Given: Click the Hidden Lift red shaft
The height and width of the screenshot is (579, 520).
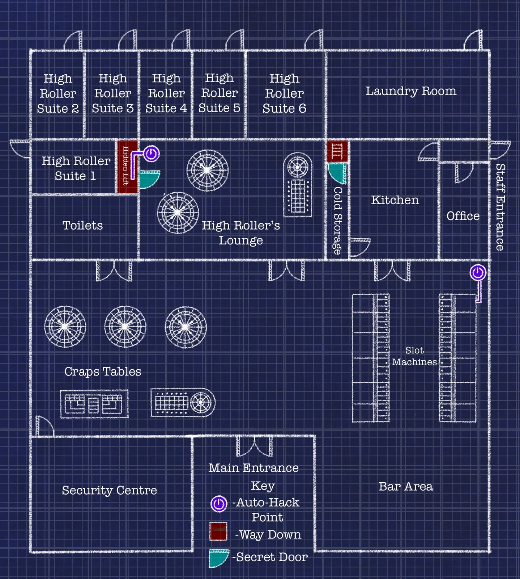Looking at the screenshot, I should (127, 167).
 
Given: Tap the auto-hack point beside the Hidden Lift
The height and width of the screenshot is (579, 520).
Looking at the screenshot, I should (152, 154).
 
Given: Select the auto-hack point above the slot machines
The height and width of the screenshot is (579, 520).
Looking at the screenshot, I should (478, 272).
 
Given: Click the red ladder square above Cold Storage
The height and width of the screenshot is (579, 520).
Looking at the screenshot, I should (337, 151).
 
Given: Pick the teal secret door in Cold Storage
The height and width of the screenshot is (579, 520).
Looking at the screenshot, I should (338, 173).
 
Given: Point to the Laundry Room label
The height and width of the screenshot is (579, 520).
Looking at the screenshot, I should (411, 91).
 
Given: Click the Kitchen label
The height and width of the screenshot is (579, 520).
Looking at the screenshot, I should (395, 200).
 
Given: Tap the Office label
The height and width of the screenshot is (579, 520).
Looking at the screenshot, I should (463, 216).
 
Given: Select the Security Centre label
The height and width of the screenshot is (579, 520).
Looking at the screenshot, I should (109, 490).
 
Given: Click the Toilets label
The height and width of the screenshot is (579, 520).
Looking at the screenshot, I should (83, 225).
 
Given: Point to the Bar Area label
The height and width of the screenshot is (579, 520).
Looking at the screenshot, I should (406, 486).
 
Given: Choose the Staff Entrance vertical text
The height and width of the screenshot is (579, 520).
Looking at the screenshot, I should (500, 207).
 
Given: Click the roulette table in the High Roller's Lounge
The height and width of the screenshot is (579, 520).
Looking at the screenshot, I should (298, 185).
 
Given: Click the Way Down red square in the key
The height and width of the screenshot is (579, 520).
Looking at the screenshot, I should (218, 532).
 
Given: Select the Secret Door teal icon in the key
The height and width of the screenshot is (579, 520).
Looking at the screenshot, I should (218, 558).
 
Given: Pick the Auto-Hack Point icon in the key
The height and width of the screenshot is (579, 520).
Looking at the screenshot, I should (219, 504).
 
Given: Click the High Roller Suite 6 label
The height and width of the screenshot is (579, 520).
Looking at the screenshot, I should (284, 93).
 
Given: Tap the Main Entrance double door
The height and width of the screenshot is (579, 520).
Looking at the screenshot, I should (255, 446).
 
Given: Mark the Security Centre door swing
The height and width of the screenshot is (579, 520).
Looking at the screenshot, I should (44, 427).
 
